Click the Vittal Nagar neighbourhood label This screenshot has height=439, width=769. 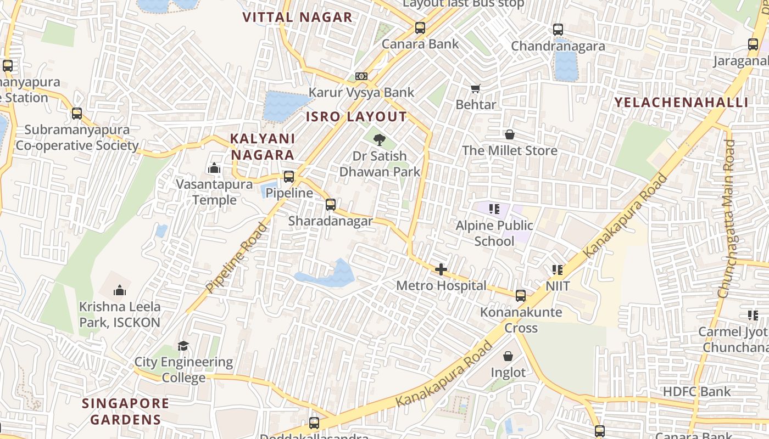(297, 17)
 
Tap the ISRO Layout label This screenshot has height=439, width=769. (356, 117)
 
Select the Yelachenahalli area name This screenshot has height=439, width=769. (681, 102)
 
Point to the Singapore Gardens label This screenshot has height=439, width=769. (126, 412)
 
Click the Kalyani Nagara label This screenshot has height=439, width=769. (263, 147)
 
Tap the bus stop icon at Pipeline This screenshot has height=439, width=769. (289, 177)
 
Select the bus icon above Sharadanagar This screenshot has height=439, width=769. (330, 205)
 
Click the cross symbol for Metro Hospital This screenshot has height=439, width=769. (441, 269)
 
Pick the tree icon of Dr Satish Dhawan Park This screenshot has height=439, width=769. (379, 140)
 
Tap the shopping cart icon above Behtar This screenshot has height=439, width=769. (476, 88)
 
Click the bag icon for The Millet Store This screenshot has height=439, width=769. (510, 134)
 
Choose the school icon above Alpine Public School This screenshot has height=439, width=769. (494, 209)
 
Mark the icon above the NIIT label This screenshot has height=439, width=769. (558, 270)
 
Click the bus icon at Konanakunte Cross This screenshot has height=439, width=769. (521, 296)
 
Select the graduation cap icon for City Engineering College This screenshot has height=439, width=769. (183, 346)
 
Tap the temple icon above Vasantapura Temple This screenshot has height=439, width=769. (214, 168)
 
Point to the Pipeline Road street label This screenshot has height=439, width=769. (236, 257)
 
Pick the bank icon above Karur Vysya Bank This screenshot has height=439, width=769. (361, 76)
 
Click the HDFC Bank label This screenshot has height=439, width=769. (696, 392)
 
